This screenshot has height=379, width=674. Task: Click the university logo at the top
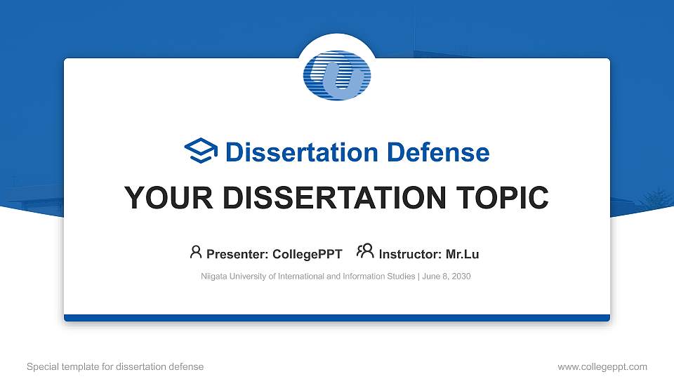(x=337, y=74)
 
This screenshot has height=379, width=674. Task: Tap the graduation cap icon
(x=201, y=152)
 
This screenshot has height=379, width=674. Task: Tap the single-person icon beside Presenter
(x=196, y=252)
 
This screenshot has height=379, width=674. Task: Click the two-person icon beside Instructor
(x=365, y=252)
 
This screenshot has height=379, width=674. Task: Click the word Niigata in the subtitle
(x=214, y=277)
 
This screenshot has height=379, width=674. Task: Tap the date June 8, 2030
(x=447, y=277)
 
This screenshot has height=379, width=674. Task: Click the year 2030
(x=461, y=277)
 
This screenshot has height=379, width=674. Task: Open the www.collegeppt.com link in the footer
(x=602, y=366)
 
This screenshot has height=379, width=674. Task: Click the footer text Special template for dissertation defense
(x=115, y=366)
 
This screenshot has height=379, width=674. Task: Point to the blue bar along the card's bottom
(x=337, y=318)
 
